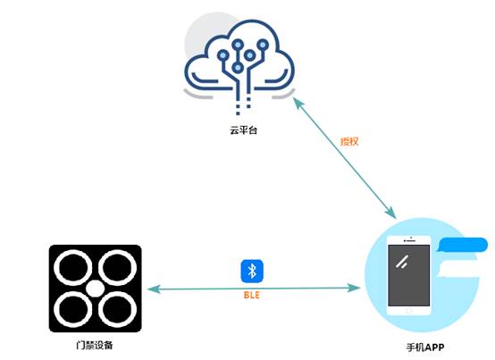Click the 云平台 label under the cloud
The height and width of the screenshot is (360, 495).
[x=243, y=130]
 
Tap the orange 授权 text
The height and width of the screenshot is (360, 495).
[x=349, y=141]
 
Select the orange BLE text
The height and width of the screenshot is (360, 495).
[x=252, y=295]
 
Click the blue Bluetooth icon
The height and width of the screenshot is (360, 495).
[x=252, y=271]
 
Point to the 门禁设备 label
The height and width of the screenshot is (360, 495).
[x=95, y=345]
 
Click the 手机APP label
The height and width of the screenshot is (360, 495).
[x=425, y=347]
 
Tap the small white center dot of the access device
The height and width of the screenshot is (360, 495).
[x=95, y=289]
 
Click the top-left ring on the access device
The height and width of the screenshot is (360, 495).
[x=73, y=268]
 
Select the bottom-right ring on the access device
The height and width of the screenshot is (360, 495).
[x=117, y=310]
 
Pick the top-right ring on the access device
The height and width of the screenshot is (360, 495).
[x=117, y=268]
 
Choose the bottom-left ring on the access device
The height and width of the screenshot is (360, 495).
[x=73, y=310]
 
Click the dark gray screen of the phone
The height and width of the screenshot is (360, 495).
[x=409, y=275]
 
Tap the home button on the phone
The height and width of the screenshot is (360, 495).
[x=409, y=311]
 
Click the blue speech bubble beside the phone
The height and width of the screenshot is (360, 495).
[x=463, y=245]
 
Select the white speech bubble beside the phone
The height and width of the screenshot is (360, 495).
[x=459, y=269]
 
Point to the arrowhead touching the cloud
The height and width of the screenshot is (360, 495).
[x=298, y=102]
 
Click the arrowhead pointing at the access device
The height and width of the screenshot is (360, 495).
[x=154, y=289]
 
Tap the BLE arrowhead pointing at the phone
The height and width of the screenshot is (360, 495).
[x=354, y=288]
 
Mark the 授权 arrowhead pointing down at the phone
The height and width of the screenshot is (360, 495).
[x=390, y=213]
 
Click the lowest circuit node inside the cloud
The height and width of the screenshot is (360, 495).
[x=238, y=67]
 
